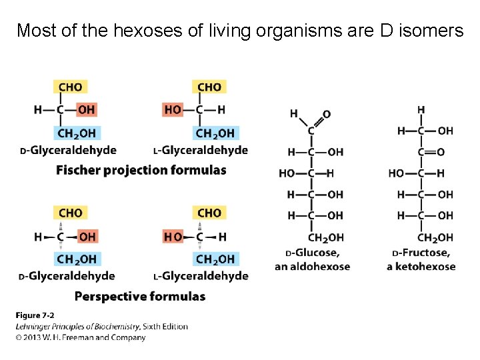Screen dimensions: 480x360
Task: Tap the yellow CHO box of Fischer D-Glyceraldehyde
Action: pos(71,87)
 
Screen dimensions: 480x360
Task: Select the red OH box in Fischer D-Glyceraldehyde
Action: pos(86,109)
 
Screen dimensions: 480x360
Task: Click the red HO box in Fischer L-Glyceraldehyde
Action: pos(173,109)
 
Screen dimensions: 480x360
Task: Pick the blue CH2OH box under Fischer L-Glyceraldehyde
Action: pos(215,133)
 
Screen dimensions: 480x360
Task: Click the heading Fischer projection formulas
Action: pos(141,170)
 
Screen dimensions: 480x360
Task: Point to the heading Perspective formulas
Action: pos(140,296)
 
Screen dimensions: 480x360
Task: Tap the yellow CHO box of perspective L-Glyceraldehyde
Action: pos(209,213)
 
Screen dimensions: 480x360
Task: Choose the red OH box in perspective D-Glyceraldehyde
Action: pos(87,236)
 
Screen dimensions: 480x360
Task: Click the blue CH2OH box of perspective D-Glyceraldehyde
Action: pos(77,259)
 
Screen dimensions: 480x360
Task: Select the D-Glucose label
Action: pos(312,253)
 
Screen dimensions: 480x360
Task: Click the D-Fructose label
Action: pos(421,253)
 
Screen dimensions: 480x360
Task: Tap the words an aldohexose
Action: pos(312,267)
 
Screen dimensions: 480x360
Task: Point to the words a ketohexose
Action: pos(421,267)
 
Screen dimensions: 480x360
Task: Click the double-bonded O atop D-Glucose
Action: pos(327,115)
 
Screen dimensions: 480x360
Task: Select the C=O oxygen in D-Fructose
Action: pos(440,152)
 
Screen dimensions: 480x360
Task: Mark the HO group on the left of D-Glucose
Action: pos(287,173)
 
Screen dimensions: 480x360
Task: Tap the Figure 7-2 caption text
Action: pos(35,315)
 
